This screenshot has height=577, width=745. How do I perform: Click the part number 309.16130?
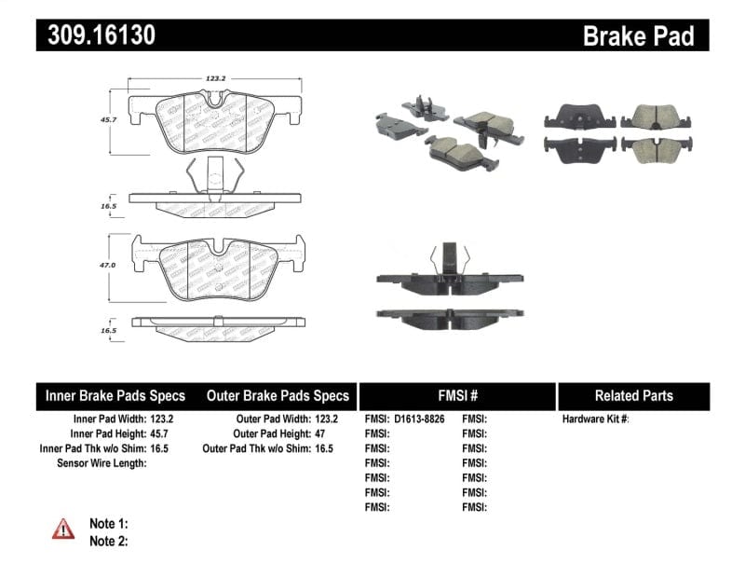click(x=96, y=35)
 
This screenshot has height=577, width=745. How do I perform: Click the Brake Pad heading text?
click(x=638, y=35)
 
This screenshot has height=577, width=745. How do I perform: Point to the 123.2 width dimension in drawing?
click(x=216, y=79)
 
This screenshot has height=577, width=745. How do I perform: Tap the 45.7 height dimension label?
click(x=108, y=119)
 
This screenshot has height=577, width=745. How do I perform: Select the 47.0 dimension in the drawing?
click(x=108, y=266)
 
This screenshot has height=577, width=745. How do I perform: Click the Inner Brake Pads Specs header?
click(x=115, y=395)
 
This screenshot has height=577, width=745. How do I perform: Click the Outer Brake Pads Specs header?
click(x=278, y=395)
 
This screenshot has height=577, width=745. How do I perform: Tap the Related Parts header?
click(x=633, y=395)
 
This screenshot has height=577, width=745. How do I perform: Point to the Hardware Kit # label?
click(x=596, y=419)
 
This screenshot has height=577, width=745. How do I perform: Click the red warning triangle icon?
click(x=63, y=529)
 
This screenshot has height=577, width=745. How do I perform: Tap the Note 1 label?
click(x=108, y=524)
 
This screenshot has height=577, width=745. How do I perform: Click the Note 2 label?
click(x=108, y=541)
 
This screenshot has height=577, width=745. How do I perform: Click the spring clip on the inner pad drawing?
click(x=215, y=173)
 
